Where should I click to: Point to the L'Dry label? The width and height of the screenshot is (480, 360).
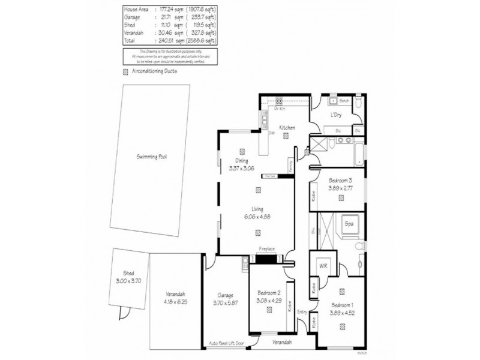pos(337,115)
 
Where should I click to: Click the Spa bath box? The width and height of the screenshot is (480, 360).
pos(350,224)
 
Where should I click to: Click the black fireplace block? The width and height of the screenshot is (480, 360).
pos(266,258)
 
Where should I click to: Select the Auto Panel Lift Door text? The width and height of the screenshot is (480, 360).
pos(226,343)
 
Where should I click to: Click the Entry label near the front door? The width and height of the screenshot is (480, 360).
pos(302,311)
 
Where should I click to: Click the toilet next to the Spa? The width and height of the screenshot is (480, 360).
pos(359,246)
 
